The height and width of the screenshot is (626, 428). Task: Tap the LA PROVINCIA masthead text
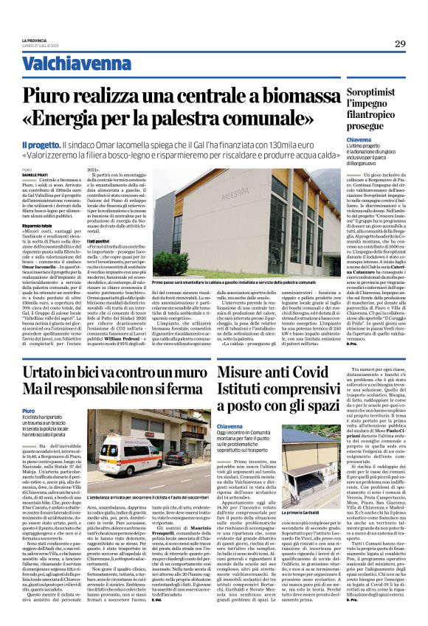(x=34, y=41)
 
